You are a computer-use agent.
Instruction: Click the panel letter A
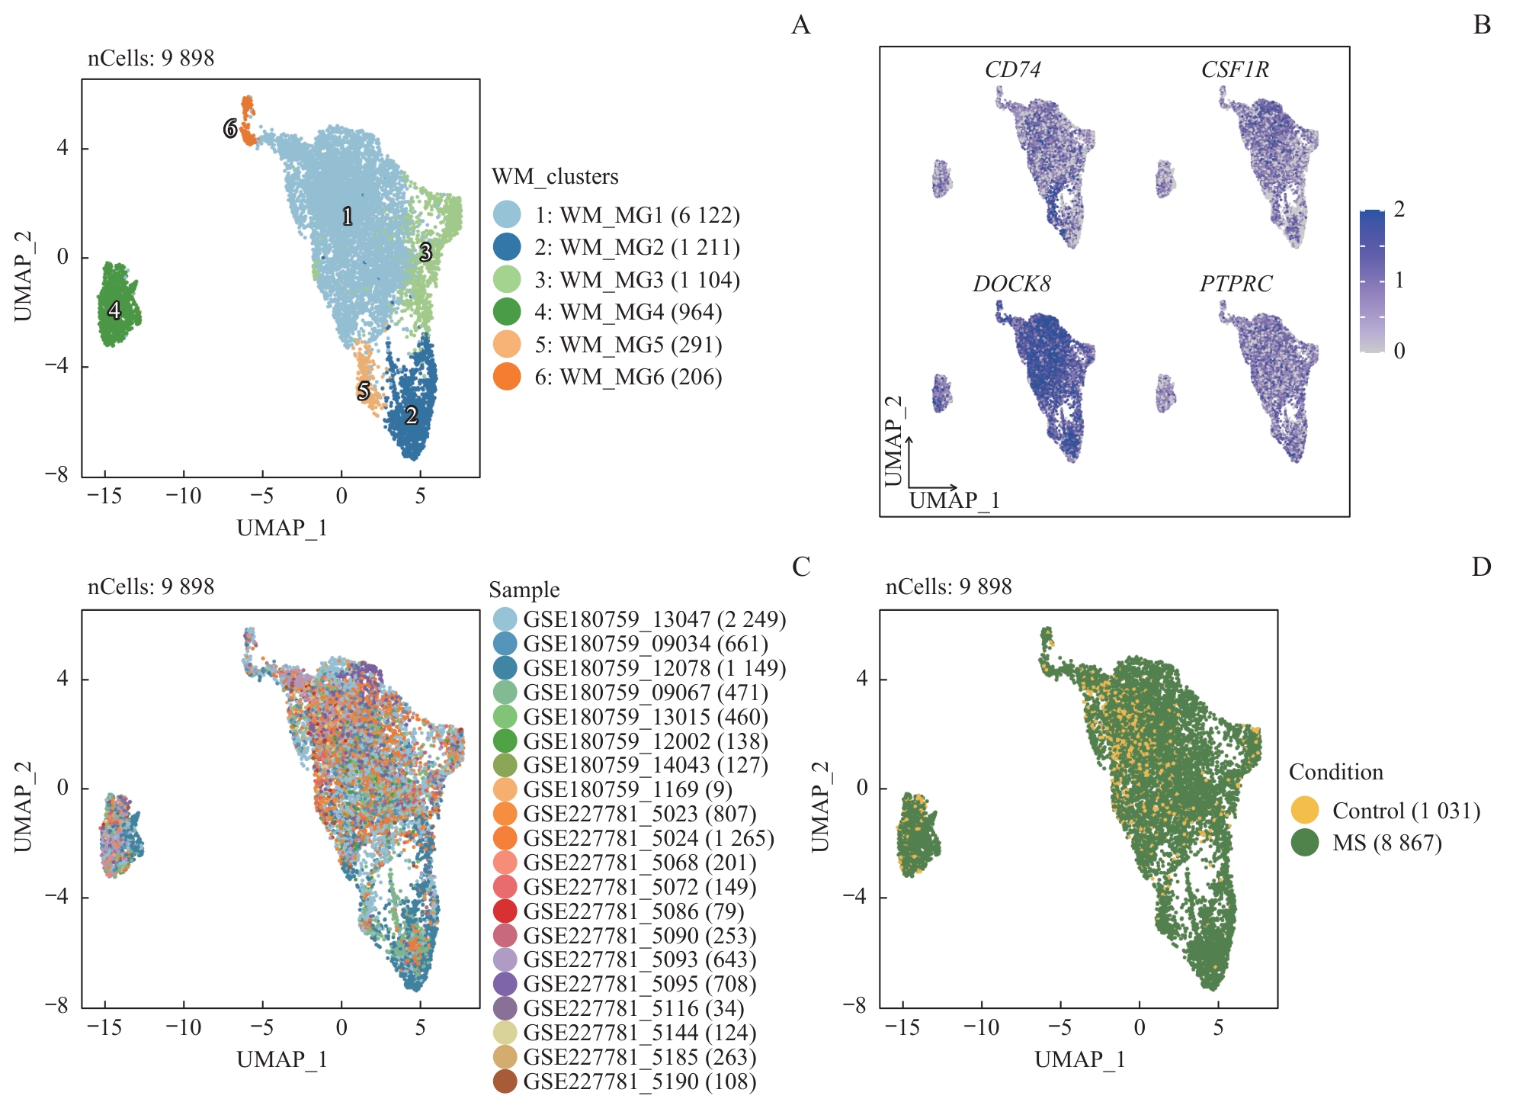point(800,25)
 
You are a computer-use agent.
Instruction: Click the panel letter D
point(1481,567)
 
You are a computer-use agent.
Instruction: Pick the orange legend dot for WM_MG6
point(507,377)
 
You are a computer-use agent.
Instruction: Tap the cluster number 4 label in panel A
point(114,310)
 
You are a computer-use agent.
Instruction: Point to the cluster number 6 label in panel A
point(229,129)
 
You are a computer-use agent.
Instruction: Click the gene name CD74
point(1012,69)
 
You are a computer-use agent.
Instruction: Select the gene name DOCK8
point(1011,284)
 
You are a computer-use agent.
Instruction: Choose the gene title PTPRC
point(1236,284)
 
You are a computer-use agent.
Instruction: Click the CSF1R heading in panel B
point(1235,69)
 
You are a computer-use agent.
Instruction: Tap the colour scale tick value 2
point(1399,209)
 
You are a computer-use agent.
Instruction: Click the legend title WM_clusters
point(555,176)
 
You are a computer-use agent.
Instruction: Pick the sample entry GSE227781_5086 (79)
point(633,911)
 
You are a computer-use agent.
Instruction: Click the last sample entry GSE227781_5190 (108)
point(639,1081)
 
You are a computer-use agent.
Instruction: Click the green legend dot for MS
point(1305,843)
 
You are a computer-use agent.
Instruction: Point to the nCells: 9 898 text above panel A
point(151,58)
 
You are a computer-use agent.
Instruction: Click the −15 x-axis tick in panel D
point(902,1027)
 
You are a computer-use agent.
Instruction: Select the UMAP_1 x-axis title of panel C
point(282,1059)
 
